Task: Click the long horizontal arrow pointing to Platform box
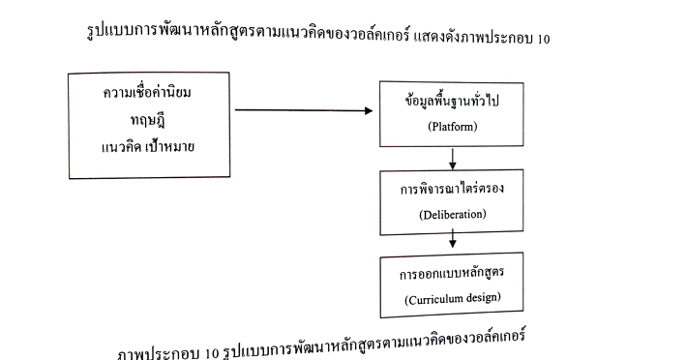(290, 109)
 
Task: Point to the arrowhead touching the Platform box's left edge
(373, 109)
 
